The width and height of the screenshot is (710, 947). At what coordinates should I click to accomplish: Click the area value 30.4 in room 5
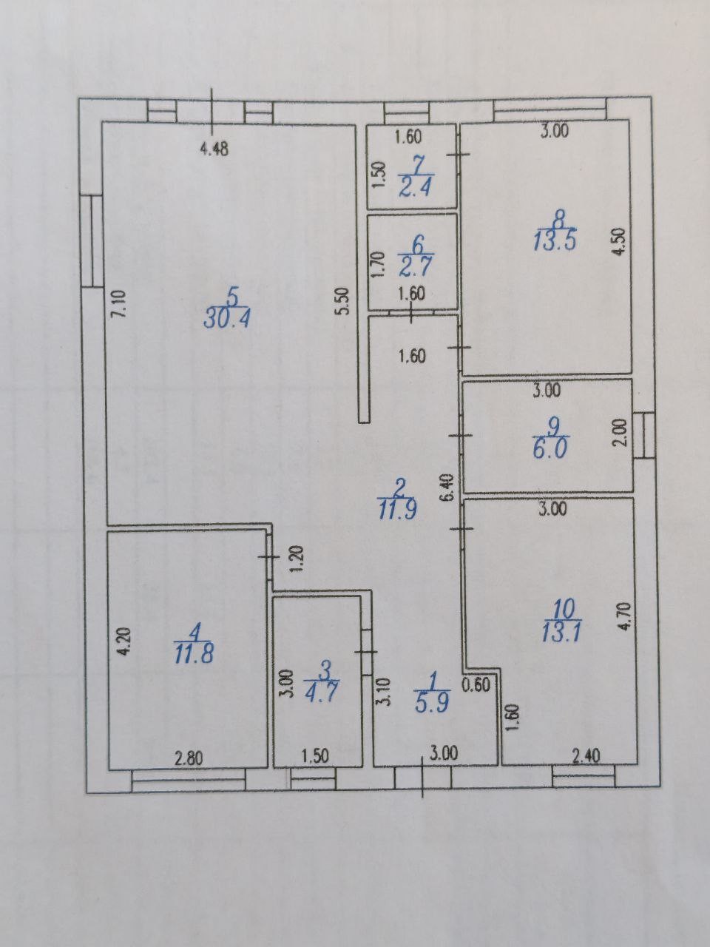click(x=227, y=319)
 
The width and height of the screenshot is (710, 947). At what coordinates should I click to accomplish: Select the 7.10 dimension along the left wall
click(x=118, y=304)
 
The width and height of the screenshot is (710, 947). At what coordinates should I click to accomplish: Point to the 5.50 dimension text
click(x=344, y=302)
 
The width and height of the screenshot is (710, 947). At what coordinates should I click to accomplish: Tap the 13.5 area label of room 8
click(x=555, y=241)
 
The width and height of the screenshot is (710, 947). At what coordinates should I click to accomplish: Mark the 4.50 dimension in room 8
click(x=619, y=243)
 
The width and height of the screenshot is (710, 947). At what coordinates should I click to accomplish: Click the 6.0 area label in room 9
click(x=550, y=449)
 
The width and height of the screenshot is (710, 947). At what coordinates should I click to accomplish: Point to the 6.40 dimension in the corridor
click(x=448, y=488)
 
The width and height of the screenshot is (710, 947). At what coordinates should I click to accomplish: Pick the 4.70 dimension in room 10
click(x=626, y=618)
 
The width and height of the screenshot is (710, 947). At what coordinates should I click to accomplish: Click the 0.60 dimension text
click(x=476, y=685)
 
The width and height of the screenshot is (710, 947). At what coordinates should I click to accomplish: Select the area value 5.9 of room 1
click(x=431, y=704)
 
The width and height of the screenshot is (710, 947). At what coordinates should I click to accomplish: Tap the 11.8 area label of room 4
click(x=194, y=654)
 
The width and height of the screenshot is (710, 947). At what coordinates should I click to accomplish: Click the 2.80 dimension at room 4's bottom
click(x=189, y=758)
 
